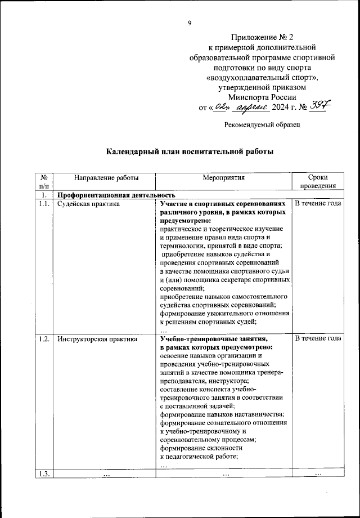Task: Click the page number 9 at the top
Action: click(x=190, y=23)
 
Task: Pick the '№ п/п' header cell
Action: click(x=44, y=181)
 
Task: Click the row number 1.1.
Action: click(x=44, y=204)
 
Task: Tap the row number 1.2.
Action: click(x=44, y=339)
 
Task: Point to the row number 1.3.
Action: click(x=44, y=474)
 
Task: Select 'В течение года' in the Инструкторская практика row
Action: click(x=318, y=339)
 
